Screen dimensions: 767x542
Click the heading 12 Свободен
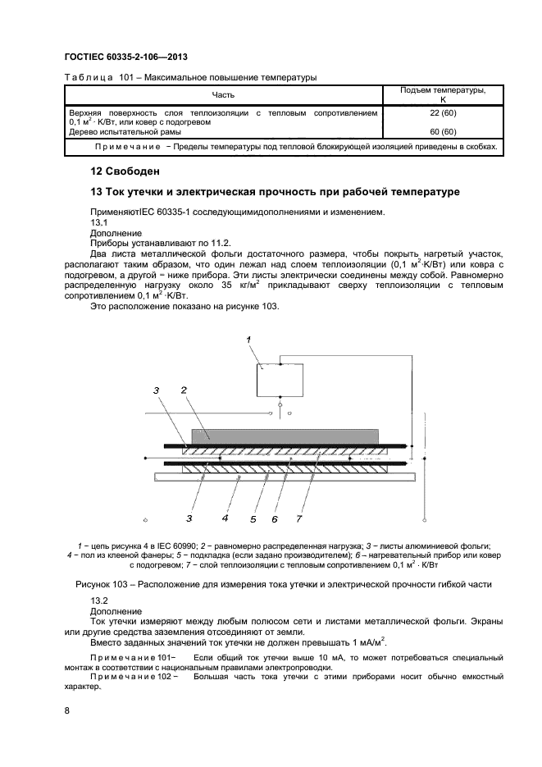125,171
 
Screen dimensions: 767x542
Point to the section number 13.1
98,222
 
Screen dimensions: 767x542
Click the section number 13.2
98,601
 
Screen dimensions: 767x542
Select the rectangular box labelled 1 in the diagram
280,380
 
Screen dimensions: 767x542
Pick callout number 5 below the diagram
254,518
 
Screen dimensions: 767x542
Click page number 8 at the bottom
66,710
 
